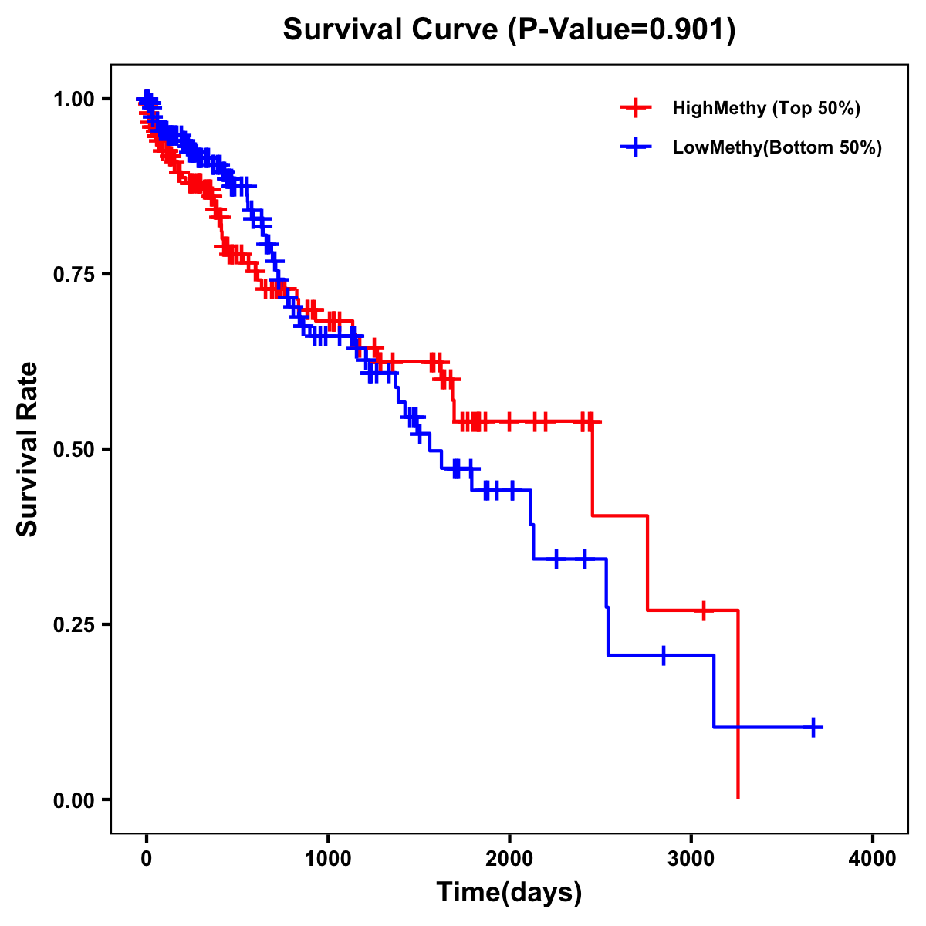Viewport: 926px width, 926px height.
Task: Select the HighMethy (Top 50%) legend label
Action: pyautogui.click(x=765, y=108)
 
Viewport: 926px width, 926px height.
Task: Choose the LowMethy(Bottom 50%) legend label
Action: pyautogui.click(x=776, y=147)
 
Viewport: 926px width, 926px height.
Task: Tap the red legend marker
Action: pyautogui.click(x=636, y=108)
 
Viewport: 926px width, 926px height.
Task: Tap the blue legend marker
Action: pyautogui.click(x=636, y=147)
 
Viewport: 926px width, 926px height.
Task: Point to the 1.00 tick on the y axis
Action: pyautogui.click(x=73, y=100)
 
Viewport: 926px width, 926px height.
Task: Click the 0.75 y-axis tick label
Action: pyautogui.click(x=73, y=275)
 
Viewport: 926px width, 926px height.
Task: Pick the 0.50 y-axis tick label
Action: pyautogui.click(x=73, y=450)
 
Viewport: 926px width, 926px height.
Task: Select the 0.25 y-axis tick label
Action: pyautogui.click(x=73, y=625)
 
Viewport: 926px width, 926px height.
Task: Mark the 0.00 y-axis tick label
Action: pyautogui.click(x=73, y=800)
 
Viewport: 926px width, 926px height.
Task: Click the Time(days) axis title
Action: pyautogui.click(x=509, y=893)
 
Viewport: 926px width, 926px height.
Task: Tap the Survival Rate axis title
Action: pyautogui.click(x=28, y=449)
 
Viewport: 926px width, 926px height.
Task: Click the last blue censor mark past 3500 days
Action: pyautogui.click(x=813, y=727)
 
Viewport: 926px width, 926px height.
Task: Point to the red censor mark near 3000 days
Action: pyautogui.click(x=703, y=610)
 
